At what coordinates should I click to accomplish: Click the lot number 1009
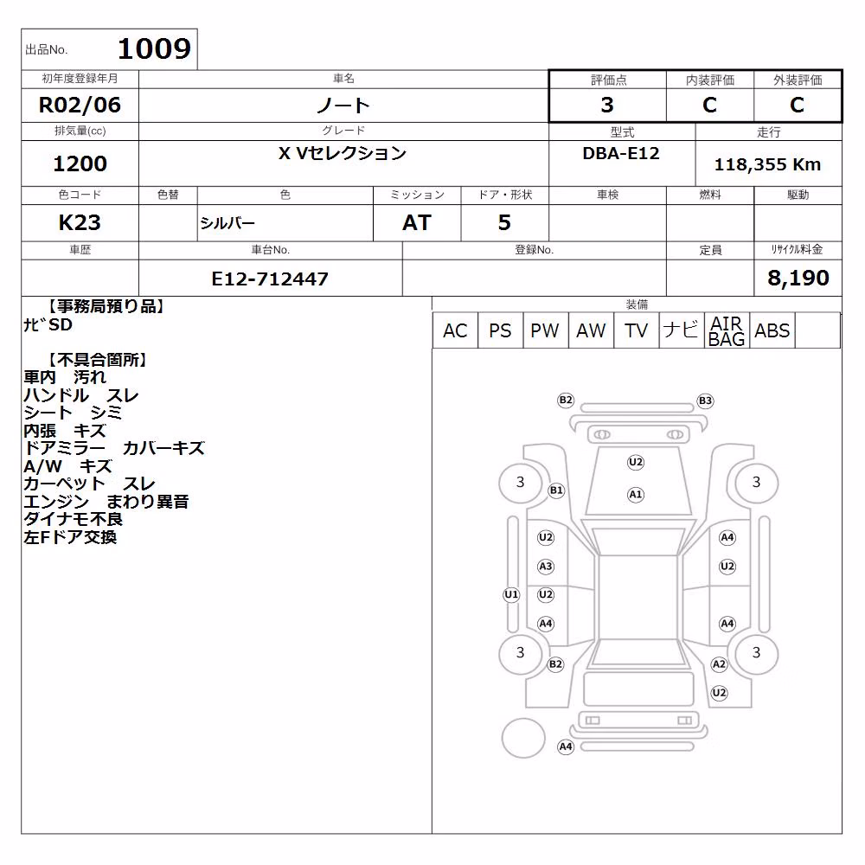(155, 48)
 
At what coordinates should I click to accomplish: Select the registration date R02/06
(80, 105)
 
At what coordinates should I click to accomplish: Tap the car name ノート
(343, 105)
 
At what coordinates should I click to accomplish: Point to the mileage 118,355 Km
(767, 164)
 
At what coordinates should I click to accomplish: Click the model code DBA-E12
(621, 153)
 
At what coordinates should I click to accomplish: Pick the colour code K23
(80, 222)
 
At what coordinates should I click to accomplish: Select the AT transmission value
(417, 222)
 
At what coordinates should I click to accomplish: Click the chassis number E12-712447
(270, 279)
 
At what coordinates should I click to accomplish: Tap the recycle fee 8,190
(798, 278)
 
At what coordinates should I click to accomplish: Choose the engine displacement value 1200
(80, 163)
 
